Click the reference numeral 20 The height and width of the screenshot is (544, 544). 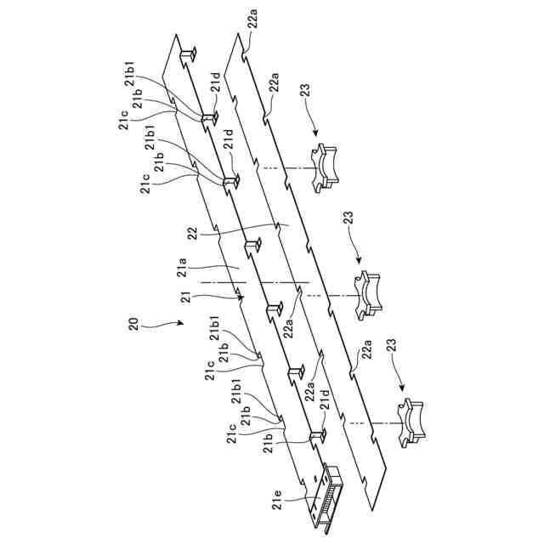click(x=133, y=323)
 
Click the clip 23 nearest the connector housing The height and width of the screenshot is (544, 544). click(x=411, y=424)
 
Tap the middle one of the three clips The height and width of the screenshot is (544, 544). click(x=369, y=297)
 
